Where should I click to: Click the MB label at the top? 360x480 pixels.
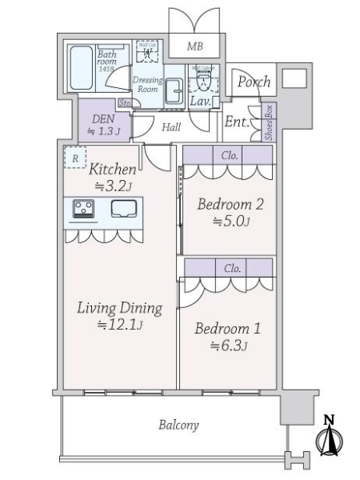(x=194, y=47)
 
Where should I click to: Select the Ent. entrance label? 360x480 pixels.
(x=236, y=122)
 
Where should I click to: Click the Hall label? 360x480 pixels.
(x=171, y=126)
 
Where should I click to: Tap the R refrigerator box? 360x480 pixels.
(x=74, y=158)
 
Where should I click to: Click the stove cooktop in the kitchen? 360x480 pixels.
(x=84, y=209)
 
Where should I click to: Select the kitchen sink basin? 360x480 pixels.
(x=125, y=209)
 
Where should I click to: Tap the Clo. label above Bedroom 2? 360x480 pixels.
(x=230, y=155)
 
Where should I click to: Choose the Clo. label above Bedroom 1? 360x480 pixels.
(x=233, y=268)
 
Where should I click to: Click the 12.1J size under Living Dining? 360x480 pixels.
(x=118, y=325)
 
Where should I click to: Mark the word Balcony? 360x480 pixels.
(x=178, y=425)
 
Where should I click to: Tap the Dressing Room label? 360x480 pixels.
(x=147, y=85)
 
